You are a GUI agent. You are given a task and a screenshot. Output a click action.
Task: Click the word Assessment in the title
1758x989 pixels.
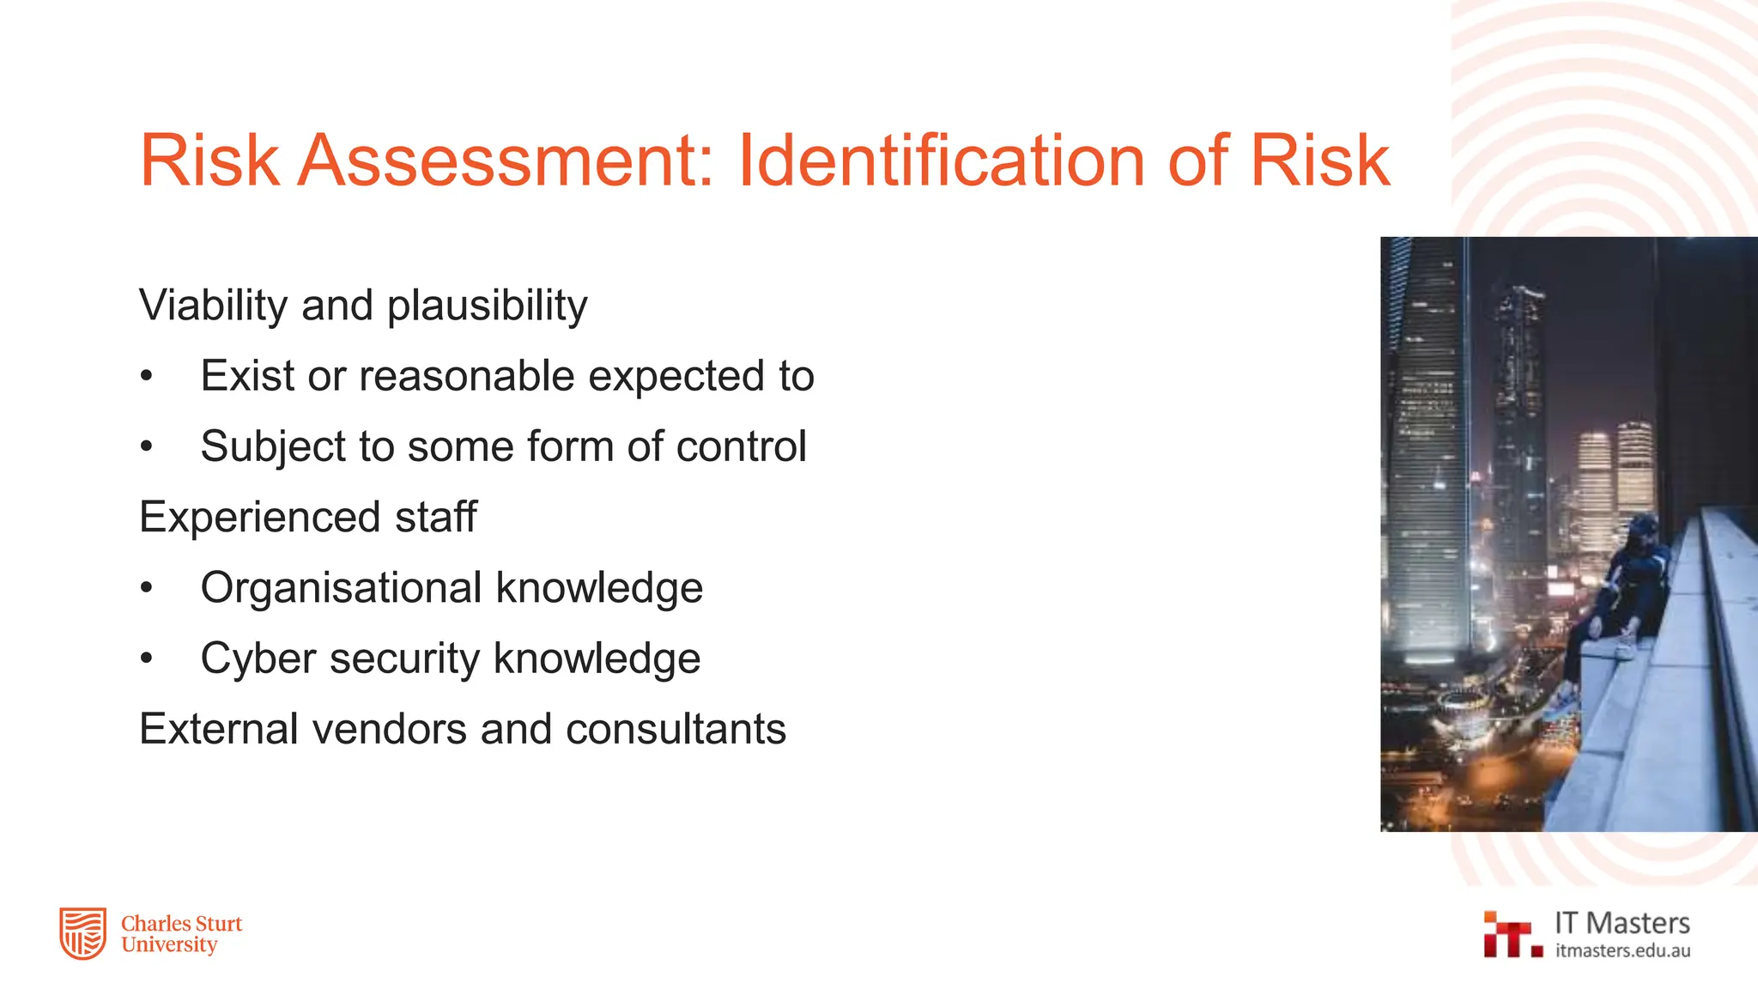tap(505, 161)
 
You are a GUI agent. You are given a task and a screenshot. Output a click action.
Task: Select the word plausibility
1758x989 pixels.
tap(487, 306)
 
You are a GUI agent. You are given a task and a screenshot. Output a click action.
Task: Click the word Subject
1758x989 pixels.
tap(272, 447)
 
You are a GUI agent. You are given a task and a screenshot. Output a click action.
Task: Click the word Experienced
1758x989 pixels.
tap(259, 517)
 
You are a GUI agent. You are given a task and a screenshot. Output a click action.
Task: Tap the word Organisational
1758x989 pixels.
tap(342, 588)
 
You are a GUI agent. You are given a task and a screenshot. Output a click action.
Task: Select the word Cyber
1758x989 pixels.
tap(258, 659)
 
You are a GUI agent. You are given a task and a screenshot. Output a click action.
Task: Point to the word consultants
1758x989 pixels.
tap(676, 729)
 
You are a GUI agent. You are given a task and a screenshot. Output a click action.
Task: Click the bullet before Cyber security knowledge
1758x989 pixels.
tap(147, 658)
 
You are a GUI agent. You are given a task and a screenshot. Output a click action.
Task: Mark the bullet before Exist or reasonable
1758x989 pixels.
tap(147, 376)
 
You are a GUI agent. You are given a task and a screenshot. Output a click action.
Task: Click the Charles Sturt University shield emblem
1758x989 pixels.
tap(82, 933)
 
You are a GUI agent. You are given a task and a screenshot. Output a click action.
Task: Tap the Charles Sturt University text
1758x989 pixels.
tap(181, 934)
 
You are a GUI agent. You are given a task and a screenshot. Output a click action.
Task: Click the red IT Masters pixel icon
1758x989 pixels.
tap(1510, 935)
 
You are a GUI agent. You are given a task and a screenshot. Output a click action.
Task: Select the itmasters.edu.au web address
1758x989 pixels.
tap(1622, 950)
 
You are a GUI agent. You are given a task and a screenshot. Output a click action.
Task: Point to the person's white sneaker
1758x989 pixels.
tap(1625, 649)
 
